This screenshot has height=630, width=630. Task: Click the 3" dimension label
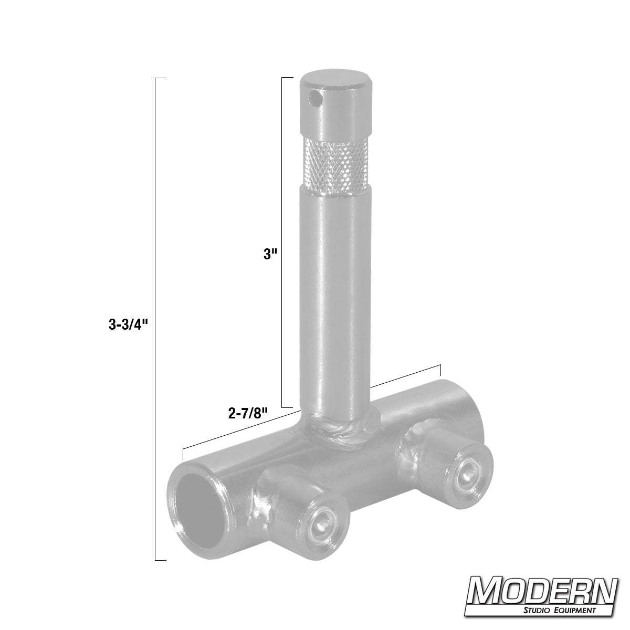(270, 255)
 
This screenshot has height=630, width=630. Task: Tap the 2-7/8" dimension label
(248, 413)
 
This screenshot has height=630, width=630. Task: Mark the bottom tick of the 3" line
(287, 407)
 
